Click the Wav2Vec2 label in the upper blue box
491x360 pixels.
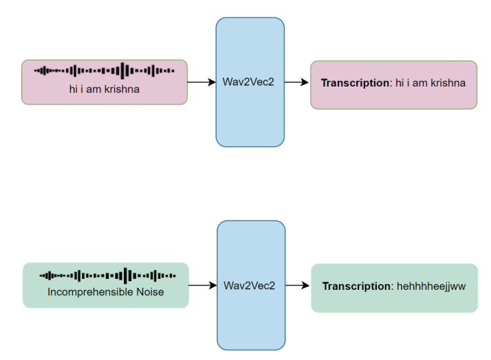click(250, 82)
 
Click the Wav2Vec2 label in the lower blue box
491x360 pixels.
click(250, 285)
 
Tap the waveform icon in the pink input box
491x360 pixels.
click(105, 71)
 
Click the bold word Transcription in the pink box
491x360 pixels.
click(355, 82)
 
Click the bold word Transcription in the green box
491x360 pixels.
click(356, 286)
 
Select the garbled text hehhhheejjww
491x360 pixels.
click(431, 286)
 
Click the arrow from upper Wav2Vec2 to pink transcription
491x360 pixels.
click(297, 82)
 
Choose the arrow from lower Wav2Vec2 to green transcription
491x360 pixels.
click(298, 285)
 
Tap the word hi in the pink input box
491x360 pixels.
click(73, 89)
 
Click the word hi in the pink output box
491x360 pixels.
click(400, 82)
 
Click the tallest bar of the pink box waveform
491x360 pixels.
click(124, 71)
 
